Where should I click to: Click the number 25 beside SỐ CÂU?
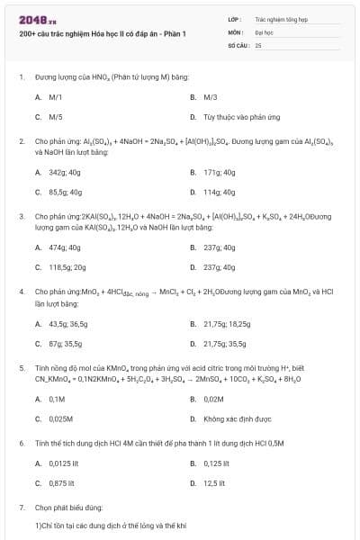pyautogui.click(x=258, y=44)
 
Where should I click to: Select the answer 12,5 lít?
pyautogui.click(x=214, y=483)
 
